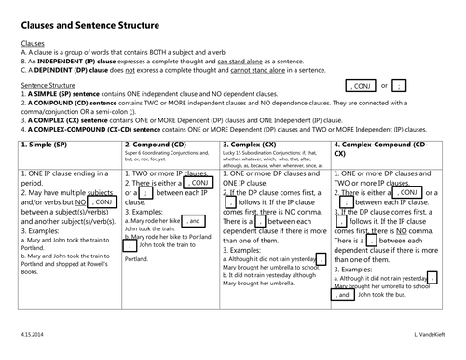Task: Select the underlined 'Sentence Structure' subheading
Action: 48,83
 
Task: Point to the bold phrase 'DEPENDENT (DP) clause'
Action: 73,69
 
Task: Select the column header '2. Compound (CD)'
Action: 154,145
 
